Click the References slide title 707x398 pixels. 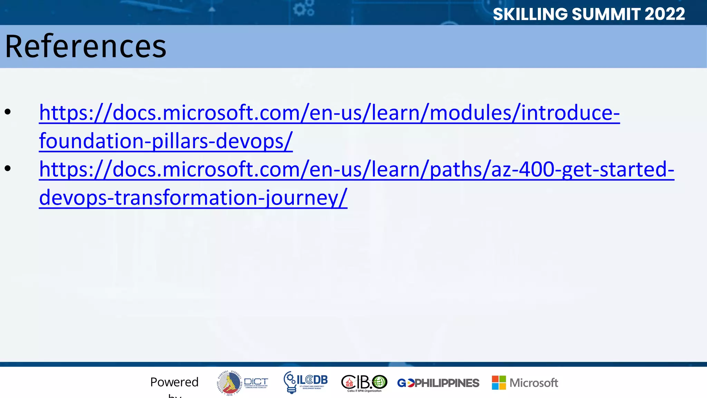(x=86, y=47)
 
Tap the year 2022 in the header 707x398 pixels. (x=665, y=14)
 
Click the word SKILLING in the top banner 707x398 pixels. (x=530, y=14)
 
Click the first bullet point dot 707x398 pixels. (x=8, y=112)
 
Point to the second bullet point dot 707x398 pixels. (x=8, y=168)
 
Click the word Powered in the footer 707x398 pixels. (x=174, y=382)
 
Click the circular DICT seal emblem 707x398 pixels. (x=229, y=383)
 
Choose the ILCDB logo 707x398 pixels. (x=306, y=382)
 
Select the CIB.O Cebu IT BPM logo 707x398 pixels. (x=364, y=383)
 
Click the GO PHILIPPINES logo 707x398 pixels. (x=438, y=383)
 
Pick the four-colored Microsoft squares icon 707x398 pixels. (x=499, y=383)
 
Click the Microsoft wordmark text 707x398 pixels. (x=534, y=383)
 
